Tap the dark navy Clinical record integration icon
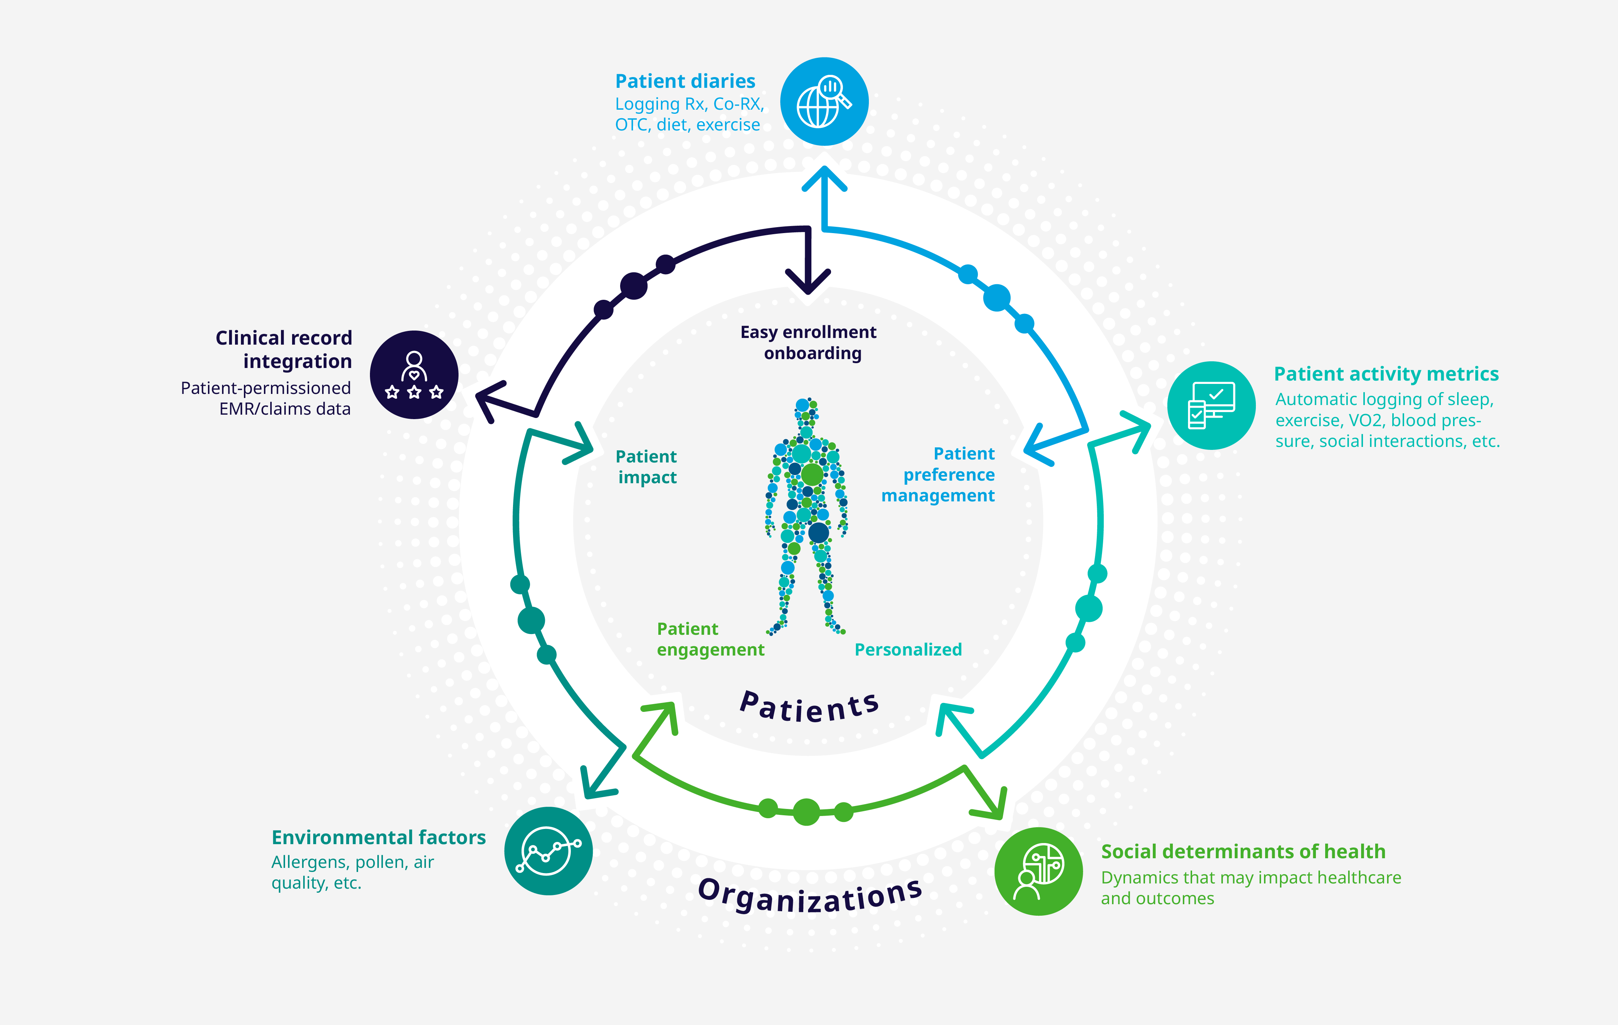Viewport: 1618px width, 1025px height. click(414, 375)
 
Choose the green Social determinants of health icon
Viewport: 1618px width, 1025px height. click(1038, 871)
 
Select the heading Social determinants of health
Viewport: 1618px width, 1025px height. click(1243, 851)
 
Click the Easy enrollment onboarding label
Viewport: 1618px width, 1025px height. click(808, 342)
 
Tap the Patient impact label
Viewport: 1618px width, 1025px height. click(646, 467)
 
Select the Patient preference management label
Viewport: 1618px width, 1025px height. click(938, 474)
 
